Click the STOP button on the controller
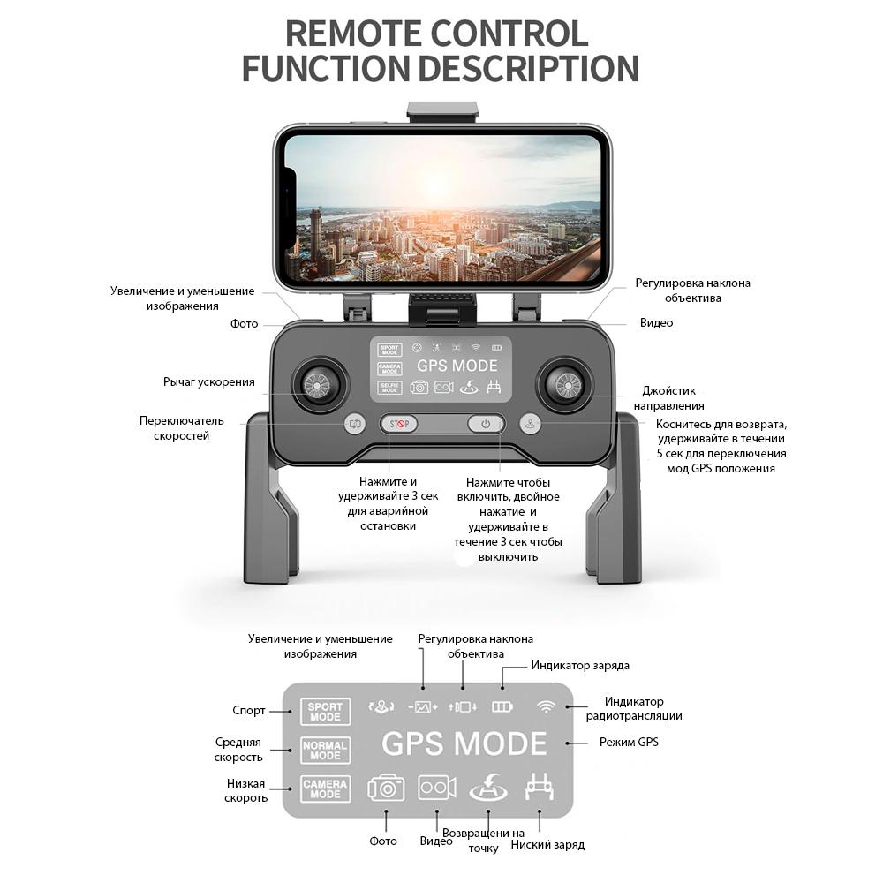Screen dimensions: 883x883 [x=399, y=424]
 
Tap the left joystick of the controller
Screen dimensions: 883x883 [x=315, y=383]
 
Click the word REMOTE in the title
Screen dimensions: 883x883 [x=358, y=34]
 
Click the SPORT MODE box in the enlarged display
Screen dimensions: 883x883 [x=325, y=711]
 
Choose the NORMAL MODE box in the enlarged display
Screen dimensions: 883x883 [x=325, y=751]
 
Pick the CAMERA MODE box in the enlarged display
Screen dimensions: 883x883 [x=325, y=789]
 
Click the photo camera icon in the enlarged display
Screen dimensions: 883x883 [x=386, y=787]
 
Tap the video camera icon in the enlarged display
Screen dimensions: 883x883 [x=437, y=787]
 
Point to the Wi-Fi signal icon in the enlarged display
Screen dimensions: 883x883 [x=547, y=706]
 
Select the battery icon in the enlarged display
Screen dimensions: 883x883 [x=502, y=706]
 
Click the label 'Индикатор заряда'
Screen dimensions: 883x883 [x=580, y=666]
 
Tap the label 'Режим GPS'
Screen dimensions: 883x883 [x=629, y=742]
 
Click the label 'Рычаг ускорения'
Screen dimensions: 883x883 [x=209, y=382]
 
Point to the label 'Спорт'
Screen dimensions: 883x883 [x=249, y=711]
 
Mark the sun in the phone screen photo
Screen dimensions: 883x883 [x=439, y=181]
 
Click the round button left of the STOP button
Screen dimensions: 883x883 [x=355, y=424]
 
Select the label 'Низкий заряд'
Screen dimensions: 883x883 [x=547, y=845]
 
